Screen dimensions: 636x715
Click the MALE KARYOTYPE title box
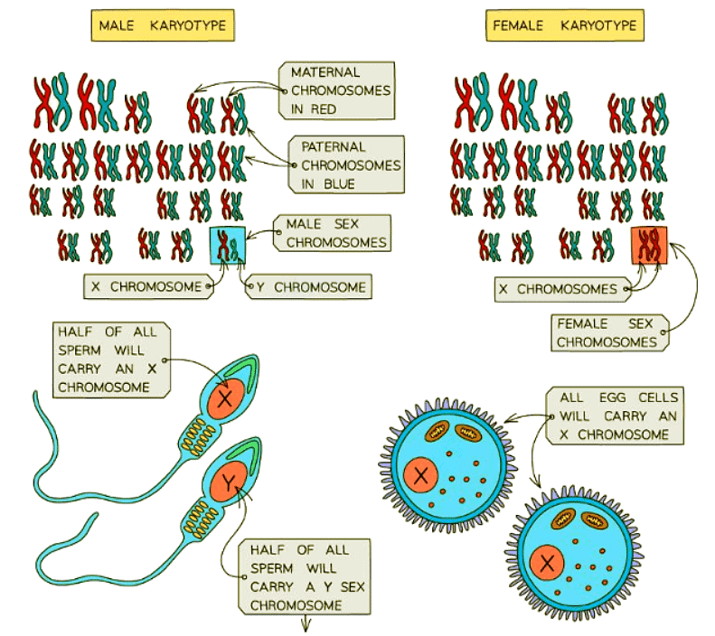tap(162, 25)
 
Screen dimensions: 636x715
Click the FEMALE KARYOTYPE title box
tap(565, 25)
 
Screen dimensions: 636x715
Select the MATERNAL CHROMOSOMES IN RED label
tap(341, 90)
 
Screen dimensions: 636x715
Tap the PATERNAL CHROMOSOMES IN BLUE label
tap(344, 164)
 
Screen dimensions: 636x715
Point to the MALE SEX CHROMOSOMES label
tap(334, 232)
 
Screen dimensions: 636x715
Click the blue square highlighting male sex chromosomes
tap(227, 246)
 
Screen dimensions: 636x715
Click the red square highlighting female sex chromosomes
tap(649, 245)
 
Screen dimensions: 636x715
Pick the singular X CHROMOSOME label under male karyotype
tap(148, 287)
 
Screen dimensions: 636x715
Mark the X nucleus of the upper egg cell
tap(420, 474)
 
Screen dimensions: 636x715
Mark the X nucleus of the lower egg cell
tap(547, 565)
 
